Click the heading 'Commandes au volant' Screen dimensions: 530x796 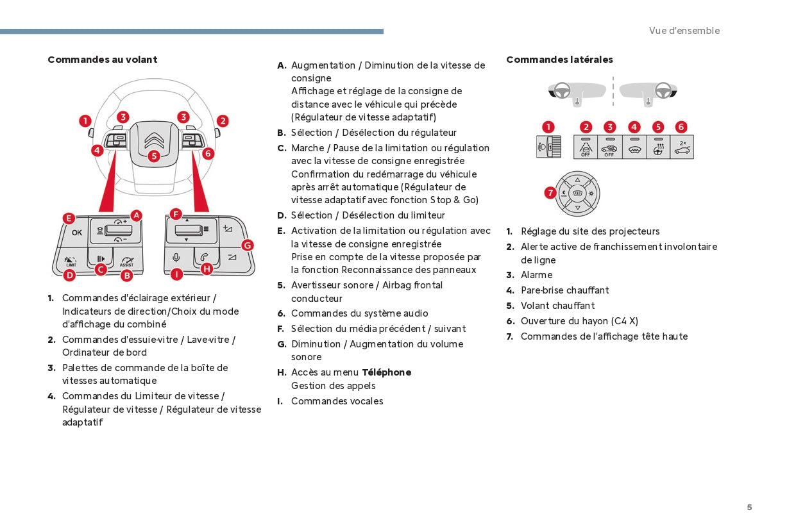(103, 60)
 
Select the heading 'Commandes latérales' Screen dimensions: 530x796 (559, 60)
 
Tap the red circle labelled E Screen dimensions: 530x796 (69, 218)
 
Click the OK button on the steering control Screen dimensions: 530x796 (77, 233)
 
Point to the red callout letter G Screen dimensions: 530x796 (247, 245)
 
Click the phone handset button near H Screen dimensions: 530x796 (204, 256)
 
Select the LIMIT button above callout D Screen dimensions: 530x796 (71, 260)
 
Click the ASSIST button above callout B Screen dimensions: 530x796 (126, 260)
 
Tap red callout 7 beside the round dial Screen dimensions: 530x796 (550, 192)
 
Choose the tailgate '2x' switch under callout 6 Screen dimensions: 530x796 (682, 147)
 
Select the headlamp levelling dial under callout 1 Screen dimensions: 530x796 (548, 147)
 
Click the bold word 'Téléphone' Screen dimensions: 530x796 (386, 372)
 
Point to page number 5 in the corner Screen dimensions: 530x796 (749, 507)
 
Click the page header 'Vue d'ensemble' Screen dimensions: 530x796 (684, 31)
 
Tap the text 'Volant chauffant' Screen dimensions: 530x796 (557, 306)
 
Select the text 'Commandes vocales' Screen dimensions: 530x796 (337, 401)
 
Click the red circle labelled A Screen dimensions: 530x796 (136, 215)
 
